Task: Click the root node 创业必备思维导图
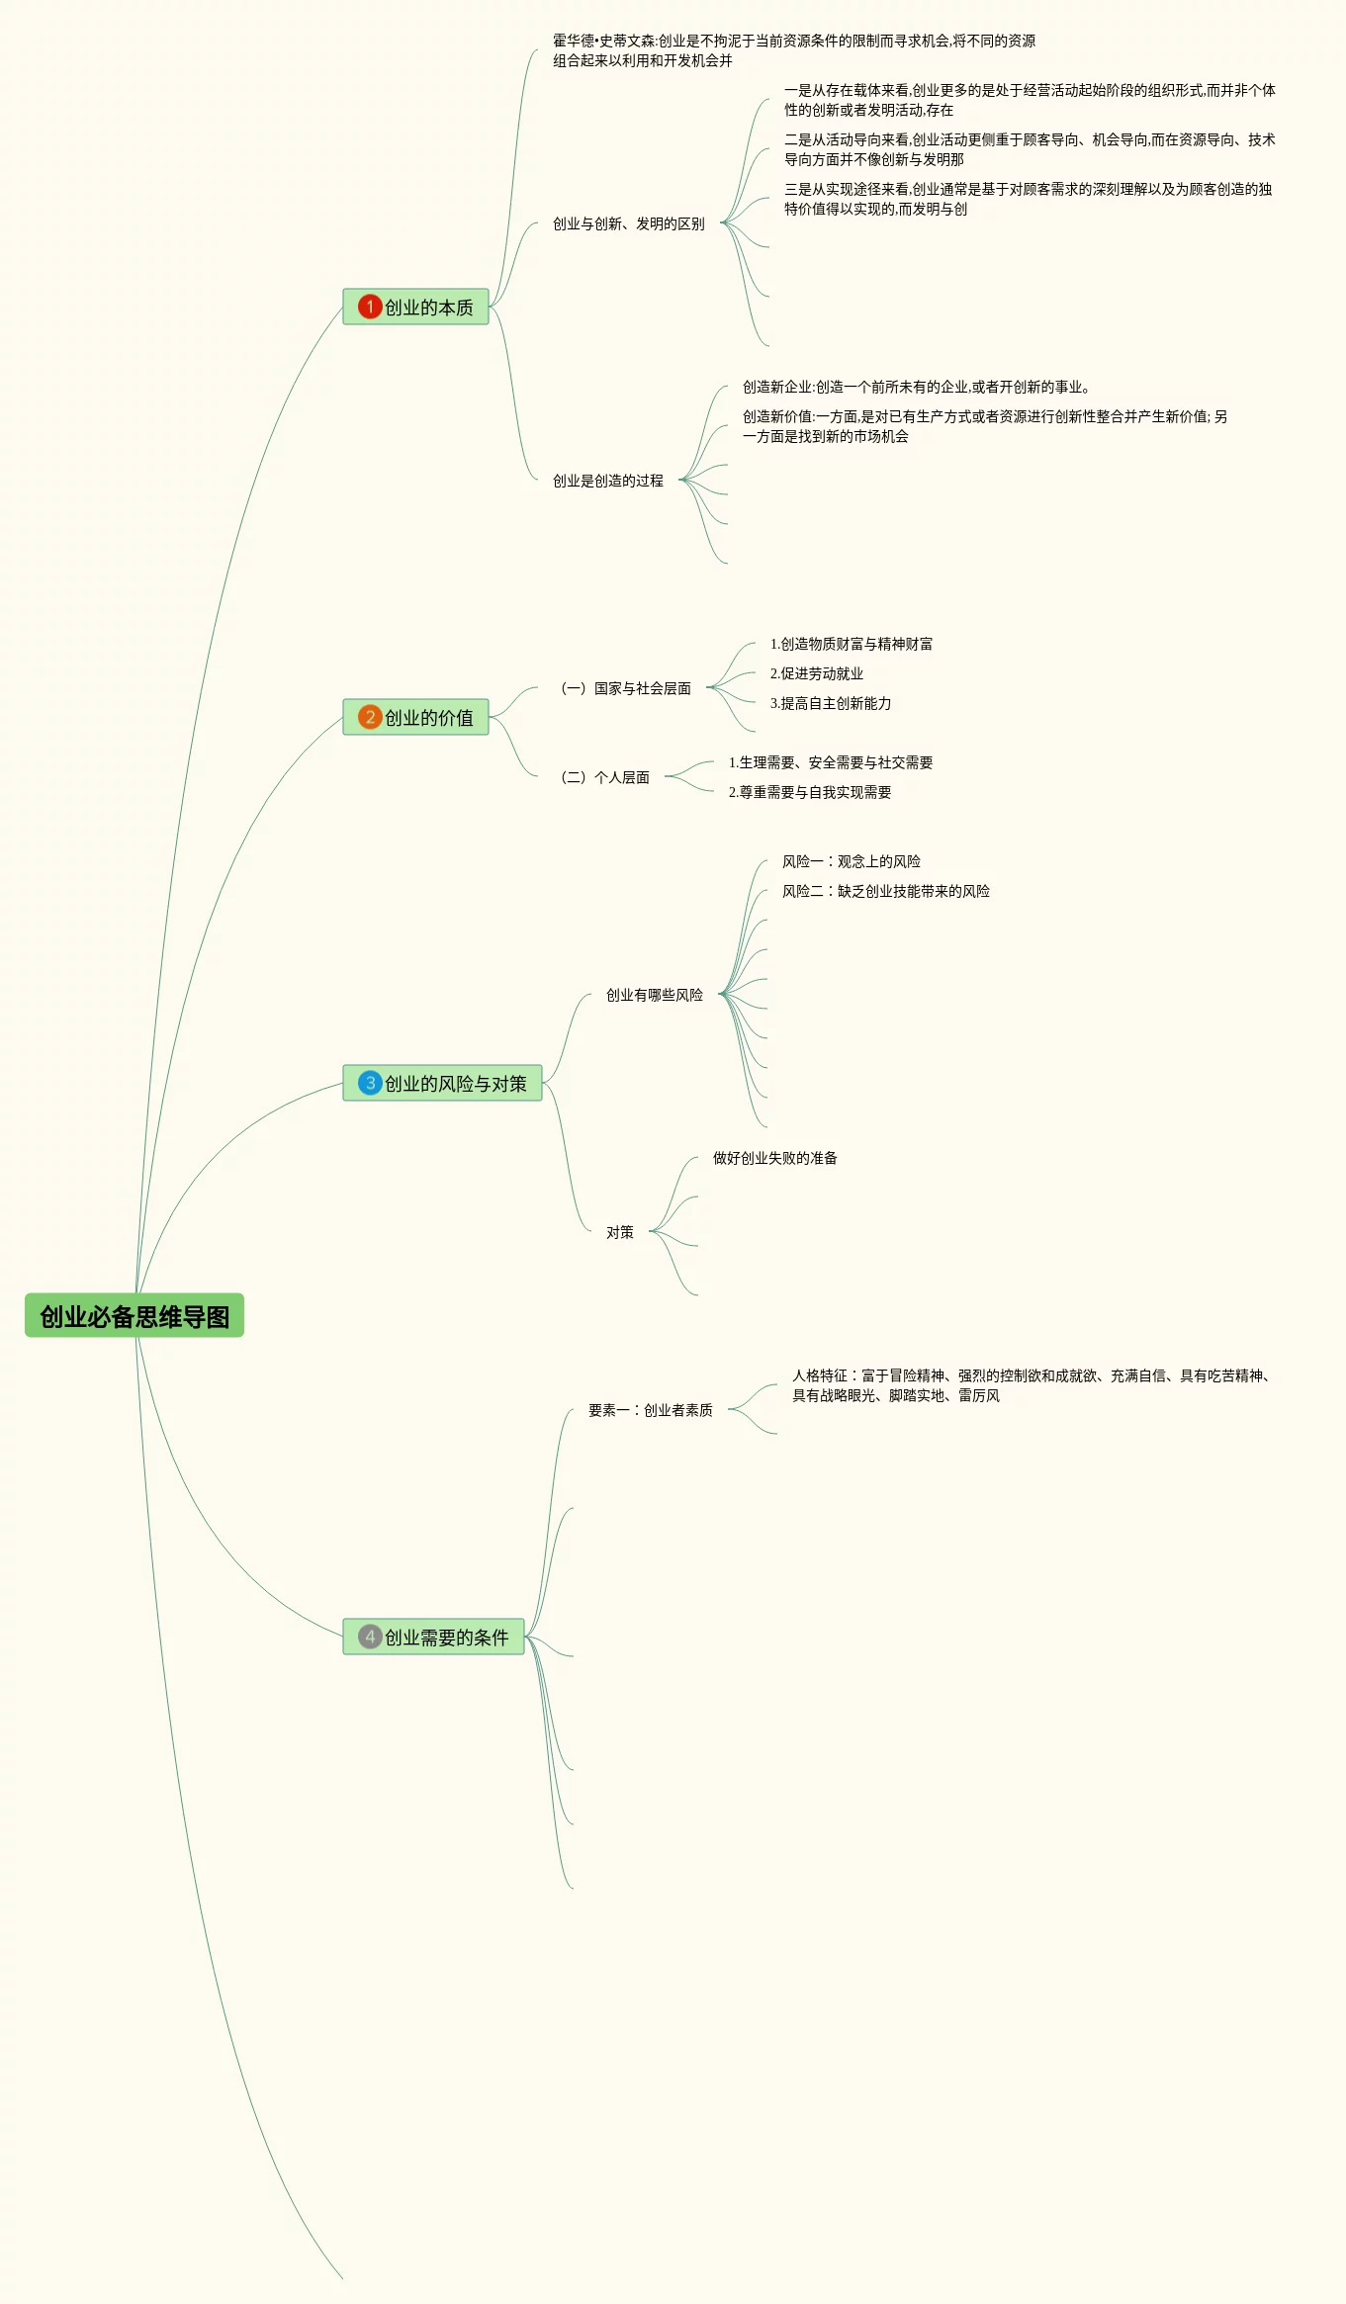coord(135,1316)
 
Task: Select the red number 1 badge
coord(370,307)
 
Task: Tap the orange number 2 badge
coord(370,717)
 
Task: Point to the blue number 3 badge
coord(370,1083)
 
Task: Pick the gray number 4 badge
coord(370,1637)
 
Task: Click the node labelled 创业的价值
coord(428,718)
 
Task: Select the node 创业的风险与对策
coord(455,1084)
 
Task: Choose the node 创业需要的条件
coord(446,1638)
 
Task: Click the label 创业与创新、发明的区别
coord(628,224)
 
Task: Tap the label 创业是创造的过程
coord(607,482)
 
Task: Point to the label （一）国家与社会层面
coord(625,689)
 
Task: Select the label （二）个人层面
coord(604,778)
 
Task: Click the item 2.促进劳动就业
coord(816,674)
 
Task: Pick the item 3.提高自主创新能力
coord(830,704)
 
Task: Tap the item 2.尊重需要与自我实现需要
coord(809,793)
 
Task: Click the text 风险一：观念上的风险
coord(851,862)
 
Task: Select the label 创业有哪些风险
coord(654,996)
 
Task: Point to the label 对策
coord(619,1233)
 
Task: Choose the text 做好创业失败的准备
coord(774,1159)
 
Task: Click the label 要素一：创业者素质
coord(650,1411)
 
